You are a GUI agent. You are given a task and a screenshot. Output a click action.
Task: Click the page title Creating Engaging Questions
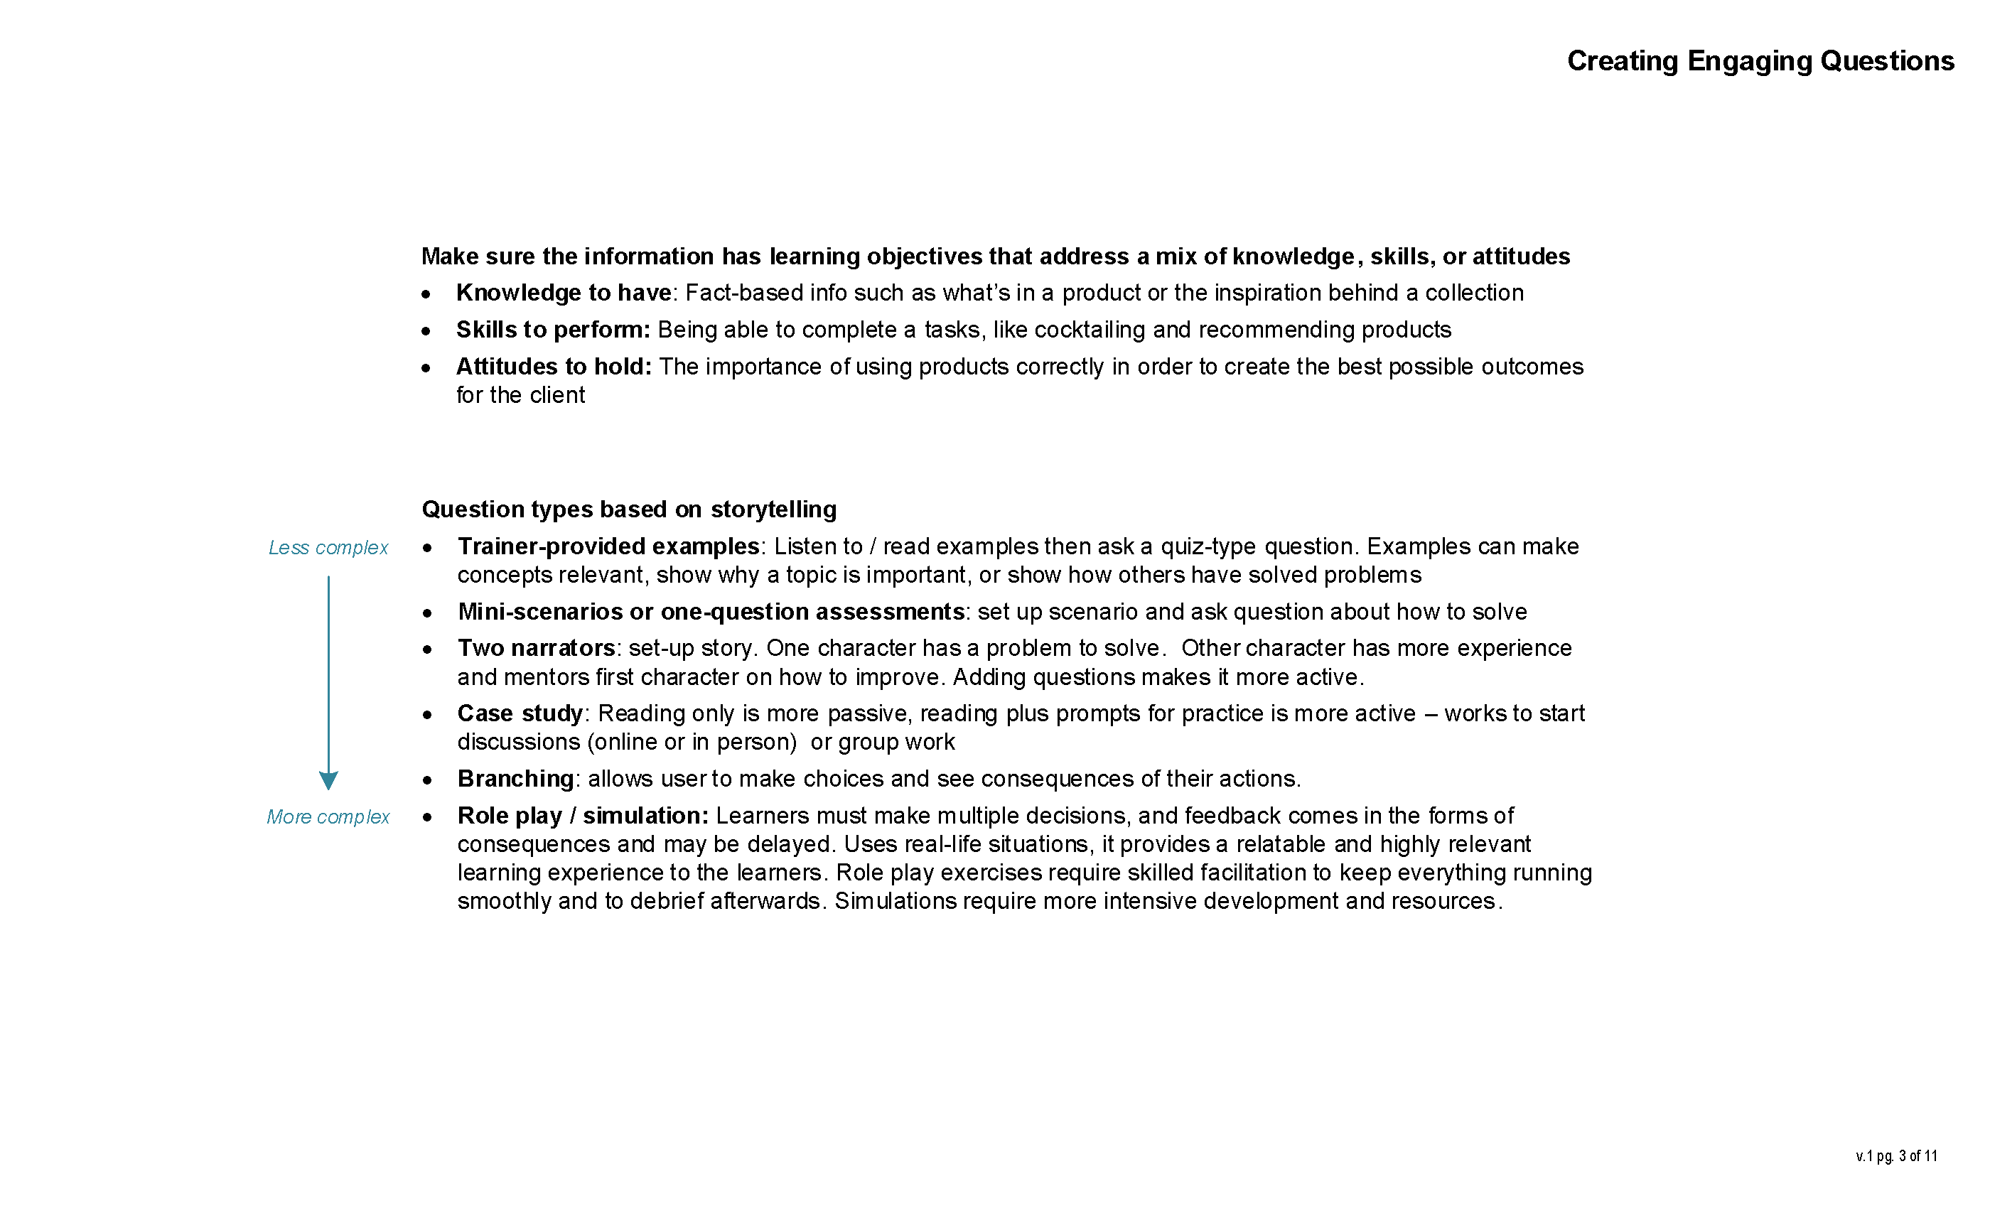(1760, 61)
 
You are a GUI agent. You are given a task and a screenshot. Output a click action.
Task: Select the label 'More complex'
(328, 817)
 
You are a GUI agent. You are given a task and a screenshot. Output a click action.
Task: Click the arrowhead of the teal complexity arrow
(328, 781)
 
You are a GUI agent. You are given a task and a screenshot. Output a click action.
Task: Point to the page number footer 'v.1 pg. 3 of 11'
(1895, 1156)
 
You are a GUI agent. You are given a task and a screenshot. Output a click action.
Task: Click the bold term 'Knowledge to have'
(564, 293)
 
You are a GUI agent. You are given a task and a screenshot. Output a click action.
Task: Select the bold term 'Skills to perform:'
(553, 330)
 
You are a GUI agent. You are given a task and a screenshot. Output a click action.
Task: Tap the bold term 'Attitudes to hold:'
(554, 367)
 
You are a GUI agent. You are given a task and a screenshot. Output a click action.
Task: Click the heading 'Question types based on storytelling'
(628, 509)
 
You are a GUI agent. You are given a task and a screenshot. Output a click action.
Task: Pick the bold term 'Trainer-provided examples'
(608, 546)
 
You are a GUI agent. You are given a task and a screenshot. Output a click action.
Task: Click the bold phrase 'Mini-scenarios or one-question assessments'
(711, 612)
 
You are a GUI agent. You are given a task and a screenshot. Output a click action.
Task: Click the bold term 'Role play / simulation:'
(582, 816)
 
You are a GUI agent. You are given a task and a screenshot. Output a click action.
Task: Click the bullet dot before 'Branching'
(426, 780)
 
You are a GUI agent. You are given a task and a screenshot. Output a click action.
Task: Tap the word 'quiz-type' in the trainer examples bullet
(1208, 546)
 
